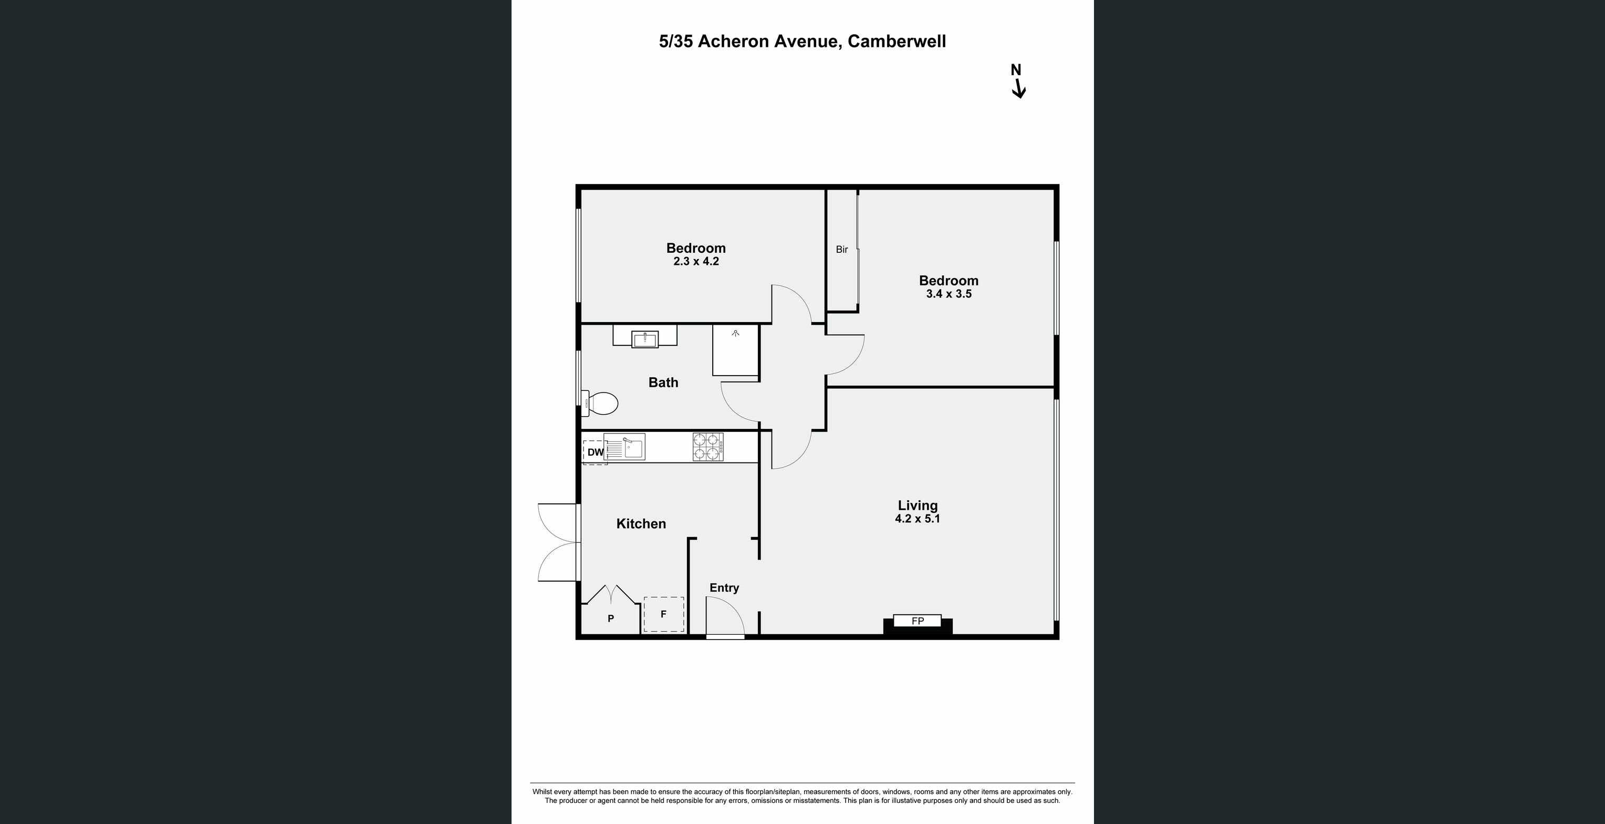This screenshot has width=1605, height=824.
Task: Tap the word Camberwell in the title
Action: click(x=897, y=41)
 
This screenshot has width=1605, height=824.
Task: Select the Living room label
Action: click(x=917, y=506)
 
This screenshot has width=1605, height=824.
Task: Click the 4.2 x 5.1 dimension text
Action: click(x=917, y=519)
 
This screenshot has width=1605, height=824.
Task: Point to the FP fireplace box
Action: click(x=917, y=621)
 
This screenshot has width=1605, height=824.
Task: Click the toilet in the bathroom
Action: click(x=599, y=403)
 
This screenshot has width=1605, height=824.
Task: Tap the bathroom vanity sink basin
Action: click(x=645, y=339)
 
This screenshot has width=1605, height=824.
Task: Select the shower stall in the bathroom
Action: click(x=735, y=351)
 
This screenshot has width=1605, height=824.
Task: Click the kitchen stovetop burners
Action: click(x=708, y=447)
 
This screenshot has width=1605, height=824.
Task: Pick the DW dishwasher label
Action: click(x=595, y=452)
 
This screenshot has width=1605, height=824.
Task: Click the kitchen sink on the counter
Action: click(x=625, y=447)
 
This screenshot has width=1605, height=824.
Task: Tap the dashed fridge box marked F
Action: click(x=663, y=614)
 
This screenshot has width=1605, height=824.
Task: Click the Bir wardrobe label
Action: click(x=842, y=249)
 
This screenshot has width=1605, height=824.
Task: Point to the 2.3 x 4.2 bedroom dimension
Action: click(x=696, y=262)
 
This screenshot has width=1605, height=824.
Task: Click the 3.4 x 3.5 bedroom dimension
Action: click(x=949, y=294)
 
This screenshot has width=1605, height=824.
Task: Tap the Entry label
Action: click(x=724, y=588)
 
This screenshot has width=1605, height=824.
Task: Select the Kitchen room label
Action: click(x=641, y=523)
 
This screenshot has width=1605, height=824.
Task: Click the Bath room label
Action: click(x=663, y=383)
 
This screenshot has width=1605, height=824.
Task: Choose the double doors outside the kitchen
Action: click(x=558, y=542)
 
